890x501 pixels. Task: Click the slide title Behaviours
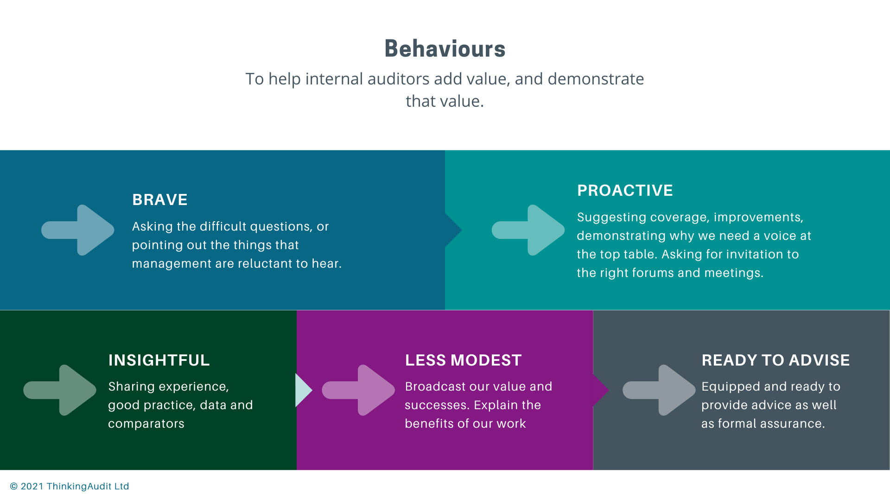coord(445,49)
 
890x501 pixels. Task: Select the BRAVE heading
coord(160,200)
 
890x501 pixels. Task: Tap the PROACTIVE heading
coord(625,191)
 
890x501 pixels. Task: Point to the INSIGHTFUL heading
coord(159,360)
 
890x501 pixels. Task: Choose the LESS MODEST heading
coord(464,360)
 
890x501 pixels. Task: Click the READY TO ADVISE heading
coord(776,360)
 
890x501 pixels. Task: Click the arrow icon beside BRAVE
coord(78,230)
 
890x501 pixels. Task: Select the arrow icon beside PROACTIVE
coord(528,230)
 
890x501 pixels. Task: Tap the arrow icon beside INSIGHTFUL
coord(60,390)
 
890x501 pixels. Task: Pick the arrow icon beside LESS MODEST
coord(358,390)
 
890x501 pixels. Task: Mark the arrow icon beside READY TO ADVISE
coord(659,390)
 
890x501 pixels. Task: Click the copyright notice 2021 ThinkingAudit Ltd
coord(70,486)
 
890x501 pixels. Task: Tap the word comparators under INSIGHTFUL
coord(146,424)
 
